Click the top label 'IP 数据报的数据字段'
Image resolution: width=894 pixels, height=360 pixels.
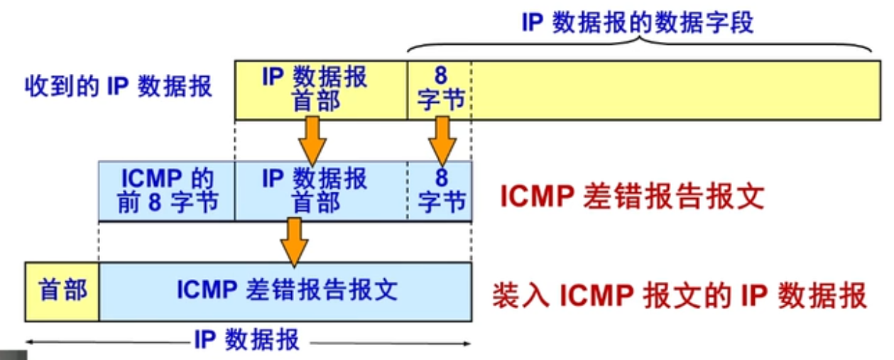pyautogui.click(x=637, y=22)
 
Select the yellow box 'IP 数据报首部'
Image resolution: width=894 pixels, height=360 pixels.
pyautogui.click(x=321, y=89)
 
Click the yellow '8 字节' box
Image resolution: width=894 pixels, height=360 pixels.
pyautogui.click(x=440, y=89)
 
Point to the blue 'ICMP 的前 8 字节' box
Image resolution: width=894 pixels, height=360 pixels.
pyautogui.click(x=167, y=190)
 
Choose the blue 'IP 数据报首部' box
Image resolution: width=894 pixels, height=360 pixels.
pyautogui.click(x=321, y=190)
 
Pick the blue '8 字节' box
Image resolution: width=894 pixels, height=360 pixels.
pyautogui.click(x=440, y=190)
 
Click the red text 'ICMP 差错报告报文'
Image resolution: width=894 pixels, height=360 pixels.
pyautogui.click(x=632, y=197)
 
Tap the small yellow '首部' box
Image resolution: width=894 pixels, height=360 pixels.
pyautogui.click(x=62, y=290)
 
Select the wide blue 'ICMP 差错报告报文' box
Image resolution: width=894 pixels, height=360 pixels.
pyautogui.click(x=285, y=290)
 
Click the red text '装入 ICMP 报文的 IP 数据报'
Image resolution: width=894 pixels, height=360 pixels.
pyautogui.click(x=680, y=295)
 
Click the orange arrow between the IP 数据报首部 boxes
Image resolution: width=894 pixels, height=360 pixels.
pyautogui.click(x=312, y=139)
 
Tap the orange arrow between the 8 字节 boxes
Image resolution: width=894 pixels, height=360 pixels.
pyautogui.click(x=442, y=139)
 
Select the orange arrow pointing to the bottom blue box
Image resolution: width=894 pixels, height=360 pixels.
pyautogui.click(x=294, y=241)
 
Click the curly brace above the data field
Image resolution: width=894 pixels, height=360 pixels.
pyautogui.click(x=639, y=44)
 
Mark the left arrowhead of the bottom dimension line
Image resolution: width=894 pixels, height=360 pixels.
pyautogui.click(x=30, y=343)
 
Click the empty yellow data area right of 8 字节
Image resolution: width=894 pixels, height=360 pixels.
pyautogui.click(x=675, y=89)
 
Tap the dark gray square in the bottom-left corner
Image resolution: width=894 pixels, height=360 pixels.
pyautogui.click(x=13, y=354)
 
